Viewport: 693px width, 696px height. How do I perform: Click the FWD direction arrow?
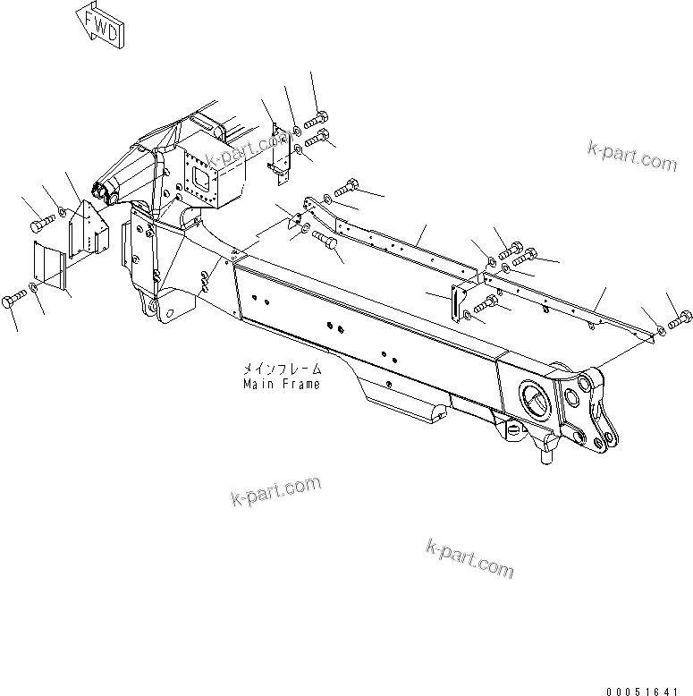(x=100, y=24)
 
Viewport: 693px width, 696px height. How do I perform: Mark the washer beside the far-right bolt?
(x=661, y=329)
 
